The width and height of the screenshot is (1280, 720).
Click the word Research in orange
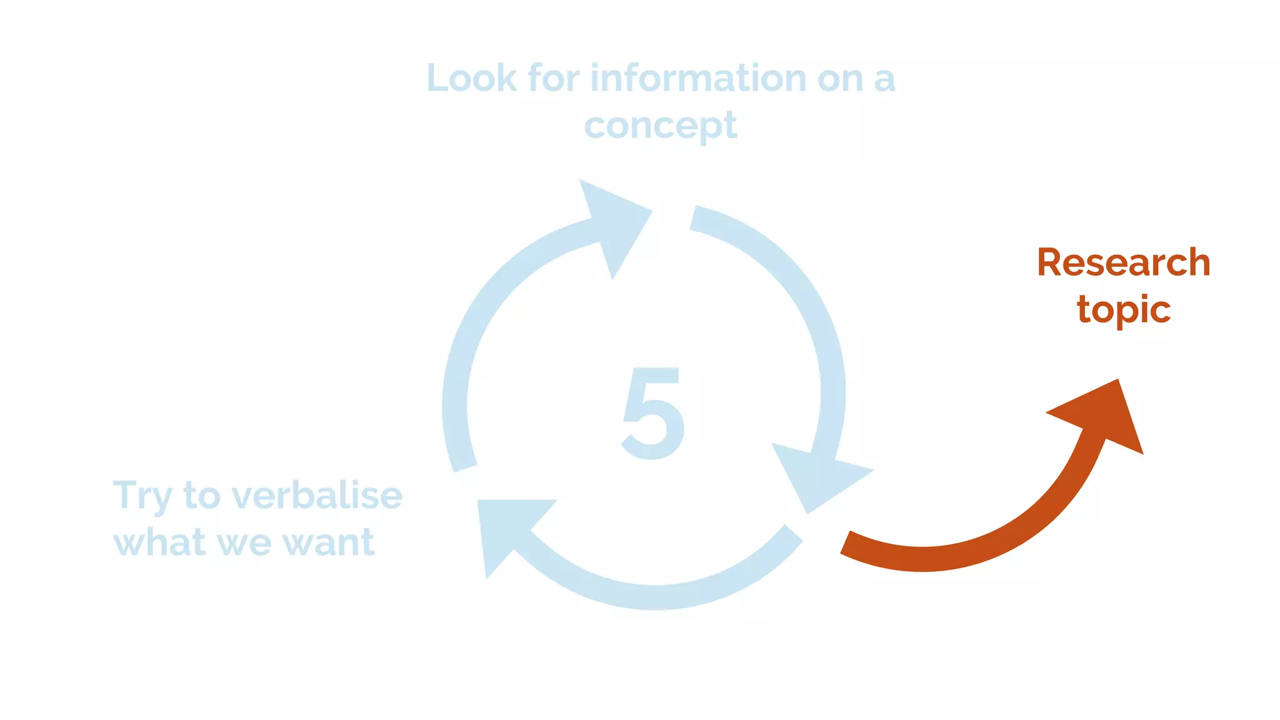pos(1123,262)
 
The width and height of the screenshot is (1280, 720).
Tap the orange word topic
pos(1123,309)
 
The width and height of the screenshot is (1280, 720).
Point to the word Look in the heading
pos(472,79)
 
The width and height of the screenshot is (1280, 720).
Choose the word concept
pos(661,126)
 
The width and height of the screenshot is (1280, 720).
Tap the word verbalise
pos(317,496)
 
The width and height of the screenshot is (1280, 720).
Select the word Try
pos(142,497)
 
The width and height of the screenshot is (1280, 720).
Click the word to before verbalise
pos(202,496)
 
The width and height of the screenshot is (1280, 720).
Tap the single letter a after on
pos(884,80)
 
